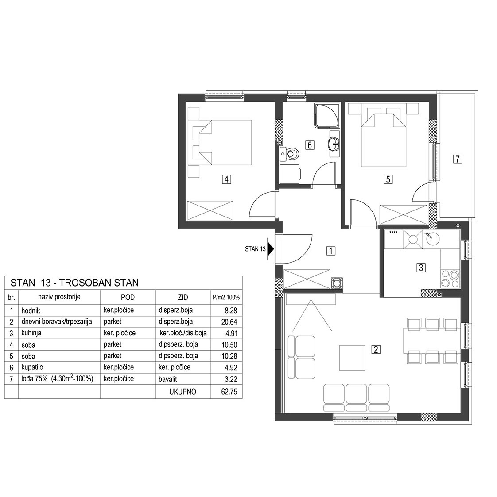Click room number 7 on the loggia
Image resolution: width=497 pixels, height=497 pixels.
[x=458, y=159]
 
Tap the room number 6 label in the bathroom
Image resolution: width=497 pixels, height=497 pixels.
[x=310, y=145]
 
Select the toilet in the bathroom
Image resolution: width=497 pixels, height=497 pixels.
[x=289, y=154]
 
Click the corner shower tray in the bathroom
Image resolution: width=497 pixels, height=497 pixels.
[x=326, y=116]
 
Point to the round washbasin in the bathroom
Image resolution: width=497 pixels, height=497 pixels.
[x=334, y=145]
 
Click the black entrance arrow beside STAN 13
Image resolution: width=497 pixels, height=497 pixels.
[x=271, y=249]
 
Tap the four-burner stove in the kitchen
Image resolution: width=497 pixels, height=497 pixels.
[x=450, y=279]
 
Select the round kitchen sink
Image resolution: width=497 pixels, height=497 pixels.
[x=433, y=239]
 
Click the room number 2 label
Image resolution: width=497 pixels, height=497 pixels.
[x=376, y=349]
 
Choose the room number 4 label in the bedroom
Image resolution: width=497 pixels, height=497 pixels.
[x=226, y=179]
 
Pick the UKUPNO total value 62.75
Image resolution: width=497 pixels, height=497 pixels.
[x=229, y=392]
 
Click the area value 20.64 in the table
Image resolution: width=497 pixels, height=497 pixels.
[x=229, y=322]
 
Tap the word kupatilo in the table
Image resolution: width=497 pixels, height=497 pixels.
[x=32, y=367]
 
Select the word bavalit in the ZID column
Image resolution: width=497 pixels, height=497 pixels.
[x=168, y=379]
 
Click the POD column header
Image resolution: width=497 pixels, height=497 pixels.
[x=128, y=297]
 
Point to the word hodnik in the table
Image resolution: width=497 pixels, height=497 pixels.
[x=31, y=311]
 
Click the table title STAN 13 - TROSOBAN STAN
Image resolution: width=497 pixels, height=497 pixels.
[x=74, y=283]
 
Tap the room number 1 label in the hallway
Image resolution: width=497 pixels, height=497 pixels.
[x=330, y=251]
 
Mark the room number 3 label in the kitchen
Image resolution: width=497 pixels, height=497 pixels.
[x=421, y=268]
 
